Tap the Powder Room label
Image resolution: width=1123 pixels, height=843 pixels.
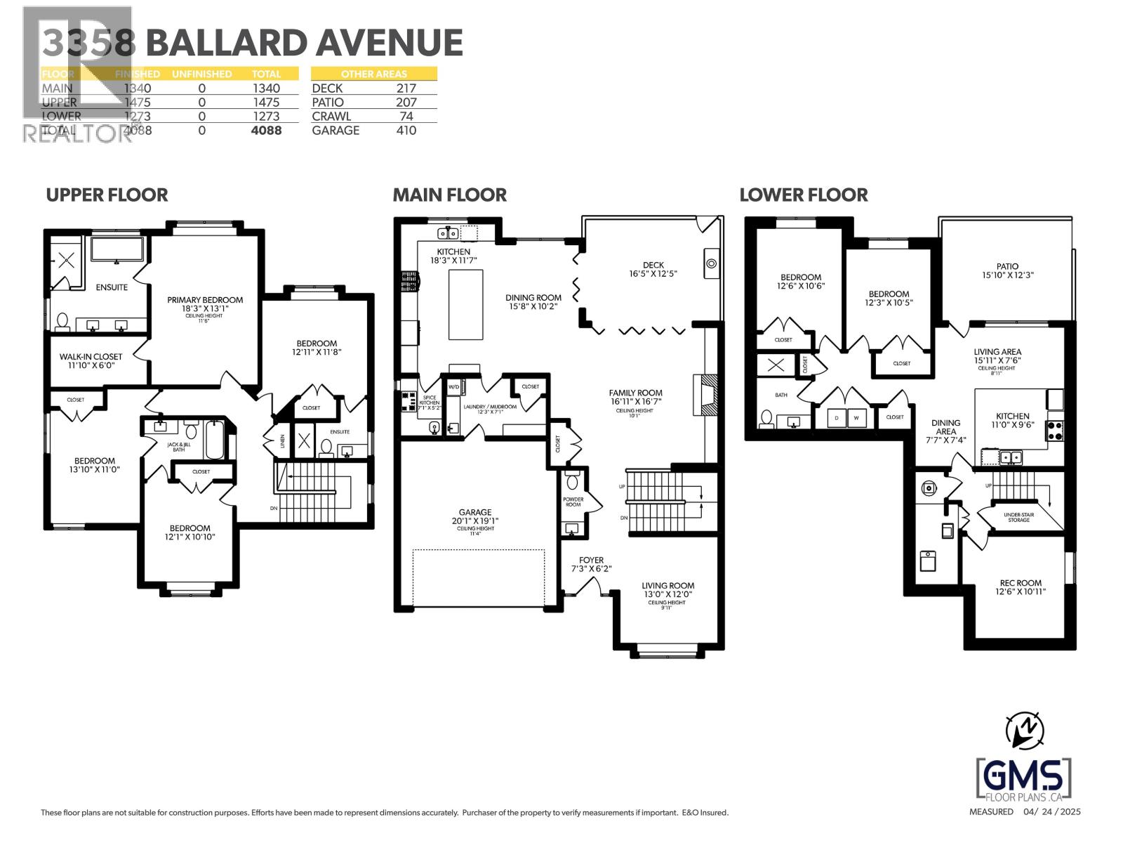point(573,502)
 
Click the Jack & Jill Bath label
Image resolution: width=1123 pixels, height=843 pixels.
point(179,447)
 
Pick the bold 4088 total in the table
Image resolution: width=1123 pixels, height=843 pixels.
point(266,131)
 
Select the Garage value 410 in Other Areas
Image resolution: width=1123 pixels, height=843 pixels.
point(406,131)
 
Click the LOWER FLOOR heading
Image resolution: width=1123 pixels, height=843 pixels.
point(803,195)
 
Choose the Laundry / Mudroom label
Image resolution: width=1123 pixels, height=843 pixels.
point(490,407)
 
